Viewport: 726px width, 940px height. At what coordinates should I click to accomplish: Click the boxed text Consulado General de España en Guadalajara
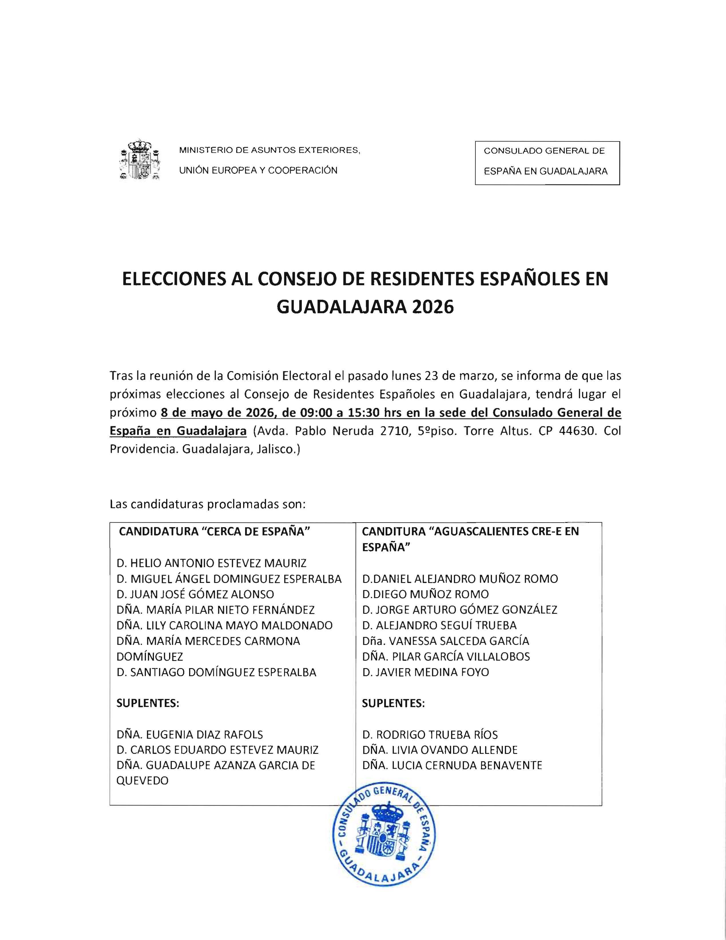point(547,163)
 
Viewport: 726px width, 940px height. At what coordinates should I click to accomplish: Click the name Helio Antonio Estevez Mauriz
point(211,563)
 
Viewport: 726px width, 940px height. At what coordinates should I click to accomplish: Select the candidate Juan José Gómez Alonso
point(195,594)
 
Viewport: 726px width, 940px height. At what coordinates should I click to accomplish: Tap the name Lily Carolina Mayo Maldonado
point(224,625)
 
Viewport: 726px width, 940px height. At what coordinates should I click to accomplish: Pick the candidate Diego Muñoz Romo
point(425,594)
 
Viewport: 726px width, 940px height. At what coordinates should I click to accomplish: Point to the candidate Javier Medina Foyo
point(425,672)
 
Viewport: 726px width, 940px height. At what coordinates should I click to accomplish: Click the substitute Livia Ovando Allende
point(440,750)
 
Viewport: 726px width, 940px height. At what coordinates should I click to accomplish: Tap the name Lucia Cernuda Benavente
point(452,765)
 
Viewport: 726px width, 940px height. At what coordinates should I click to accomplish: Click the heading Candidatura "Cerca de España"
point(215,531)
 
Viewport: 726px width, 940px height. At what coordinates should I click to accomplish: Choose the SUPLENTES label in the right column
point(393,703)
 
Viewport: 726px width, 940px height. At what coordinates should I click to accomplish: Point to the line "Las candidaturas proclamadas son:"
point(208,504)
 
